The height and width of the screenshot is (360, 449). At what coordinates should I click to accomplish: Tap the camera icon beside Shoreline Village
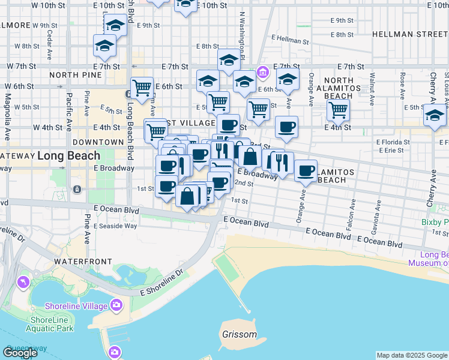click(x=116, y=306)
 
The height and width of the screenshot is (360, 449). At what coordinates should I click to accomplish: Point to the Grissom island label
click(x=240, y=334)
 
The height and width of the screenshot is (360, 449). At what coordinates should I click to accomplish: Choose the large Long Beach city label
click(x=69, y=156)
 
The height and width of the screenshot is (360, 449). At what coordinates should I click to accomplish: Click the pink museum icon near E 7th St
click(x=262, y=73)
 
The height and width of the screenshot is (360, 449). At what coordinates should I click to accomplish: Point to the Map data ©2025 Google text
click(x=412, y=355)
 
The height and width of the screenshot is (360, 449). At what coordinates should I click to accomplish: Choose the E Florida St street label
click(x=394, y=142)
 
